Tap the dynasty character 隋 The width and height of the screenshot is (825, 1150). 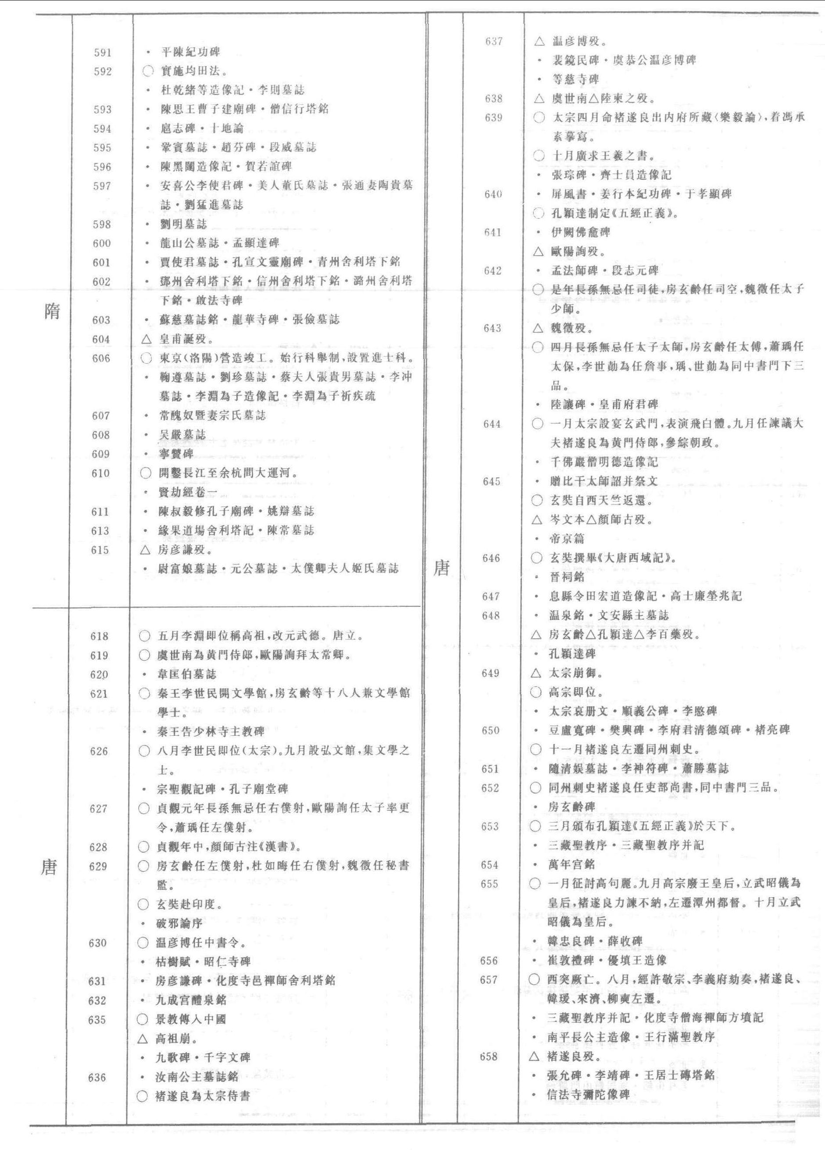pos(52,310)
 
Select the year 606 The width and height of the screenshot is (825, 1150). pos(101,358)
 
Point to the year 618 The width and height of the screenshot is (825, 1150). pos(99,636)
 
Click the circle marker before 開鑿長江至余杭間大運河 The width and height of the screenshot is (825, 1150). pos(146,473)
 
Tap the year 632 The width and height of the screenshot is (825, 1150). pos(97,1000)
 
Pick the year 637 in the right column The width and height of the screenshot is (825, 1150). pos(493,41)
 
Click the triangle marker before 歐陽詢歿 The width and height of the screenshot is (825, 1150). pos(539,251)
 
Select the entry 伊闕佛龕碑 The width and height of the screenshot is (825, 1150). pos(580,232)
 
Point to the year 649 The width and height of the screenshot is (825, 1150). pos(490,673)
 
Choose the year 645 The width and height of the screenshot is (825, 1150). pos(492,481)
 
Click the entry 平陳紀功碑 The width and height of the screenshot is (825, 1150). pos(190,52)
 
